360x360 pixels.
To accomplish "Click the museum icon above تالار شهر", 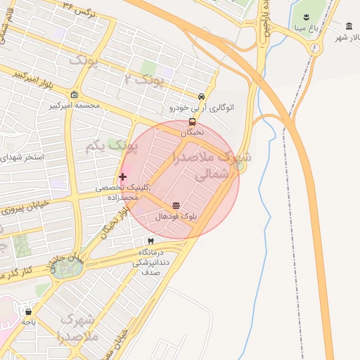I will tap(349, 25).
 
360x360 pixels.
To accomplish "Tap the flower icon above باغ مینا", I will tap(306, 17).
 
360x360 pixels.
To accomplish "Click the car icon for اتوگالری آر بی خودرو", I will tap(202, 97).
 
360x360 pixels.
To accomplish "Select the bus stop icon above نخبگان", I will tap(193, 122).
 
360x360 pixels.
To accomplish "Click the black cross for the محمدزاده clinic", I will tap(123, 176).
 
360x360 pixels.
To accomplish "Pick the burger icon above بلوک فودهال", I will tap(176, 206).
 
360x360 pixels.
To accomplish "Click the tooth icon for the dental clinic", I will tap(150, 241).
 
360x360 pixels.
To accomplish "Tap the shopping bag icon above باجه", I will tap(28, 311).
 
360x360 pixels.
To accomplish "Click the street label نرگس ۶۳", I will tap(78, 11).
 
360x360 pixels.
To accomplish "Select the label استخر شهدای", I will tap(22, 157).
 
